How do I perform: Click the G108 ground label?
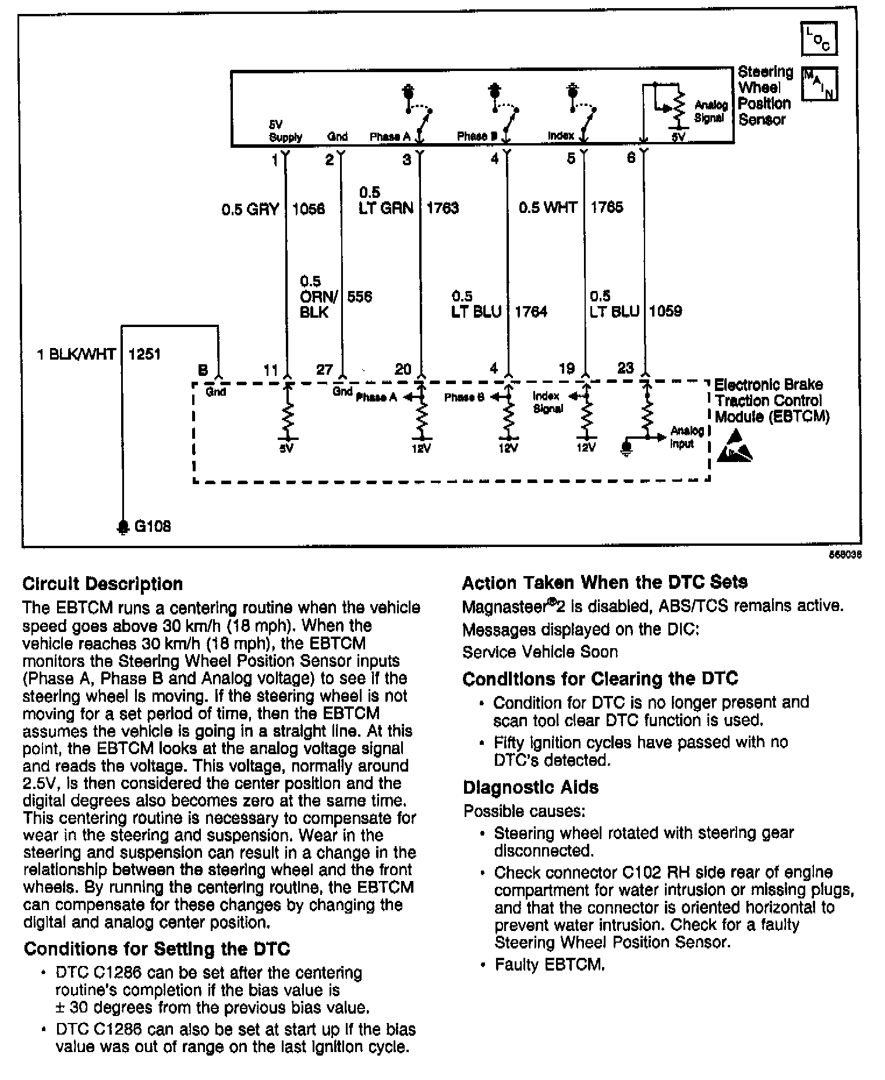click(153, 527)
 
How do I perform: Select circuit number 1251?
click(144, 354)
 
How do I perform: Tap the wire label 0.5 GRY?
click(250, 208)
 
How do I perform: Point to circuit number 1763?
click(442, 208)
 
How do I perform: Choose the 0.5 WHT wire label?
click(548, 207)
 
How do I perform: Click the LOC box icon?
click(819, 40)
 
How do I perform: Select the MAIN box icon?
click(819, 84)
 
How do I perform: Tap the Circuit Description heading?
click(102, 584)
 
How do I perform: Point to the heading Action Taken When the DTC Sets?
click(605, 582)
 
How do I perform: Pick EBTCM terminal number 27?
click(324, 370)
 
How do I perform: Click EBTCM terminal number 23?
click(625, 368)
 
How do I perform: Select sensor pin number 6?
click(631, 158)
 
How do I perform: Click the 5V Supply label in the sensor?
click(285, 132)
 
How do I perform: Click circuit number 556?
click(359, 297)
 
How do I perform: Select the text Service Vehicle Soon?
click(540, 652)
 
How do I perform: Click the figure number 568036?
click(845, 555)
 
